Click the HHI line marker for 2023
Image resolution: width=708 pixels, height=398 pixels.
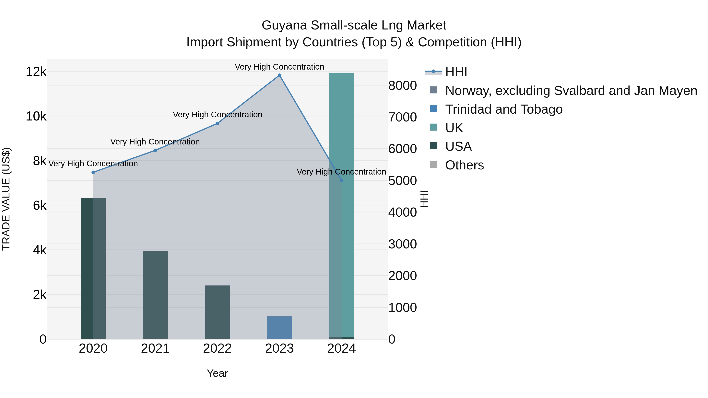coord(279,75)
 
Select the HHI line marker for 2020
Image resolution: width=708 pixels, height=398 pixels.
coord(93,172)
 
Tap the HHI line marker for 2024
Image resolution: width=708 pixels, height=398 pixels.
coord(341,180)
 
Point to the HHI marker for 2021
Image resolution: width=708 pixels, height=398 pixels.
coord(155,150)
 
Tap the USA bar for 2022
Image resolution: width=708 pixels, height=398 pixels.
coord(217,312)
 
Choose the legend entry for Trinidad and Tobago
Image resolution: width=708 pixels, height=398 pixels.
coord(503,109)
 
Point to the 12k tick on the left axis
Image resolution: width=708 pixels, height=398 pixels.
coord(36,72)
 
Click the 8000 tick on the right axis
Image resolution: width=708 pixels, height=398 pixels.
coord(402,85)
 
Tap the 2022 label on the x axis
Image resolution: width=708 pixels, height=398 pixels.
coord(217,348)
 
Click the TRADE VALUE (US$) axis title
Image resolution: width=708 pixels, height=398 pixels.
coord(6,199)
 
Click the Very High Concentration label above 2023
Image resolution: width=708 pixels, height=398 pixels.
coord(279,67)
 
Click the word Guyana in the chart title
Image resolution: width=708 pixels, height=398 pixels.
coord(284,25)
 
